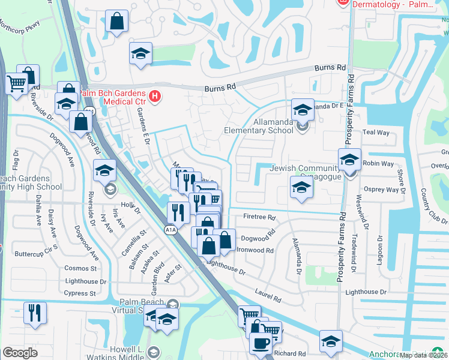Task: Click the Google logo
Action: coord(20,353)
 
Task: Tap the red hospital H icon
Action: coord(155,96)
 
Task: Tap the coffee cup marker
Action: coord(261,344)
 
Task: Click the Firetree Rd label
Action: coord(259,217)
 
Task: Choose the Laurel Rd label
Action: coord(268,296)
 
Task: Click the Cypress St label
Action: coord(80,293)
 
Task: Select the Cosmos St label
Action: coord(81,268)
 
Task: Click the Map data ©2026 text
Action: coord(424,355)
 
